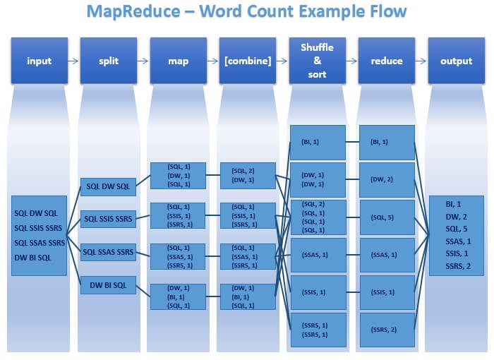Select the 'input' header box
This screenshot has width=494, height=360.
pos(40,61)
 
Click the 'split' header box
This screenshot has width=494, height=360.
pos(109,61)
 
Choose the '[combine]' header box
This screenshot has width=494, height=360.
pos(248,61)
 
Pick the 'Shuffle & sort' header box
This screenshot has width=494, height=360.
pos(318,61)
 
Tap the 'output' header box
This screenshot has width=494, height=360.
pos(457,61)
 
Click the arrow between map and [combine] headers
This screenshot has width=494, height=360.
pos(212,61)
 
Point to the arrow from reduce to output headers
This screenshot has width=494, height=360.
pos(421,61)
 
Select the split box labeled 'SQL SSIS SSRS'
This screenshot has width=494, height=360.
pos(108,219)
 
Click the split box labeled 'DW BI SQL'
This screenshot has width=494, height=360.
pos(108,284)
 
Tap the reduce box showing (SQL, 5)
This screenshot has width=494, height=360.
pos(387,217)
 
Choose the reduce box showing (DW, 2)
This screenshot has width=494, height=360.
pos(387,179)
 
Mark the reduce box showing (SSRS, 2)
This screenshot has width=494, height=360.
pos(387,330)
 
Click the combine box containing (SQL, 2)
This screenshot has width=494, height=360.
pos(248,175)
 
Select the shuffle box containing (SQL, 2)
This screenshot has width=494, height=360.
pos(318,217)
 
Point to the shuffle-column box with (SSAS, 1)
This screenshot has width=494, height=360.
pos(318,255)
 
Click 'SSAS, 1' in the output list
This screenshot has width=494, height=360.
pos(457,241)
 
